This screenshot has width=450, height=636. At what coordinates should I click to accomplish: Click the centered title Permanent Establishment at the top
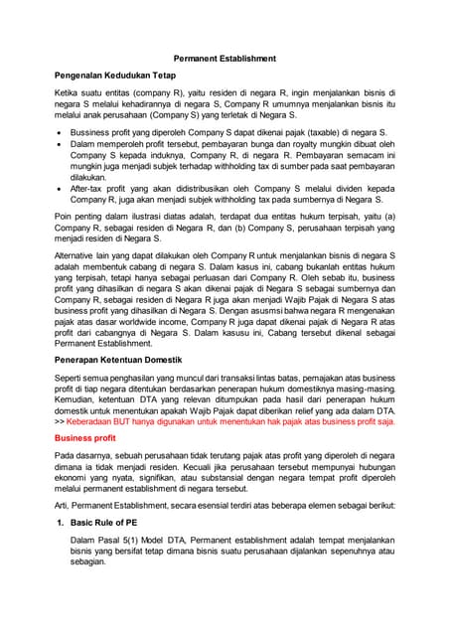(225, 59)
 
